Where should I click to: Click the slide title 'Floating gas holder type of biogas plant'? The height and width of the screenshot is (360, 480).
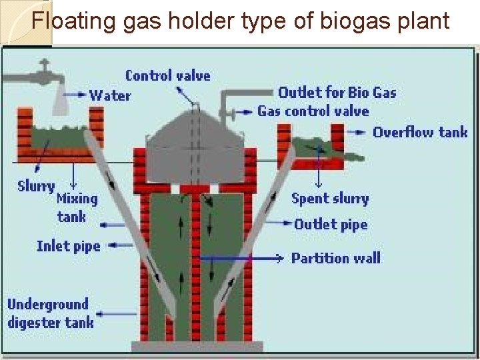tap(240, 21)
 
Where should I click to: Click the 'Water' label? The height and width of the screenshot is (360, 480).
tap(110, 95)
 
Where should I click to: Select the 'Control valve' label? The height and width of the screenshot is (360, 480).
tap(167, 75)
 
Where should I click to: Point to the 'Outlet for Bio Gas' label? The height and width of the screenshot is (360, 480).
tap(337, 93)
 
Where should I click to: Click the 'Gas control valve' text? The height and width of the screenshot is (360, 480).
tap(313, 111)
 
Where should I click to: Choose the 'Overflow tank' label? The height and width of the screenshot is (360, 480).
tap(420, 132)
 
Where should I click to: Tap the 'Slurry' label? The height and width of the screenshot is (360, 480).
tap(36, 186)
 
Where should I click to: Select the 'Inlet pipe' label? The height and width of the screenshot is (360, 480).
tap(68, 246)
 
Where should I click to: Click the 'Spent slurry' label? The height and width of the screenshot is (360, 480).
tap(330, 198)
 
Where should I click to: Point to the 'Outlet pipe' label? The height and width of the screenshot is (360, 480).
tap(331, 224)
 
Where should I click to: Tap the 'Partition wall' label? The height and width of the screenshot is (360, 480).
tap(335, 258)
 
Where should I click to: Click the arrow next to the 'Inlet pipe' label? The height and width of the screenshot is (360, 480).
tap(121, 245)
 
